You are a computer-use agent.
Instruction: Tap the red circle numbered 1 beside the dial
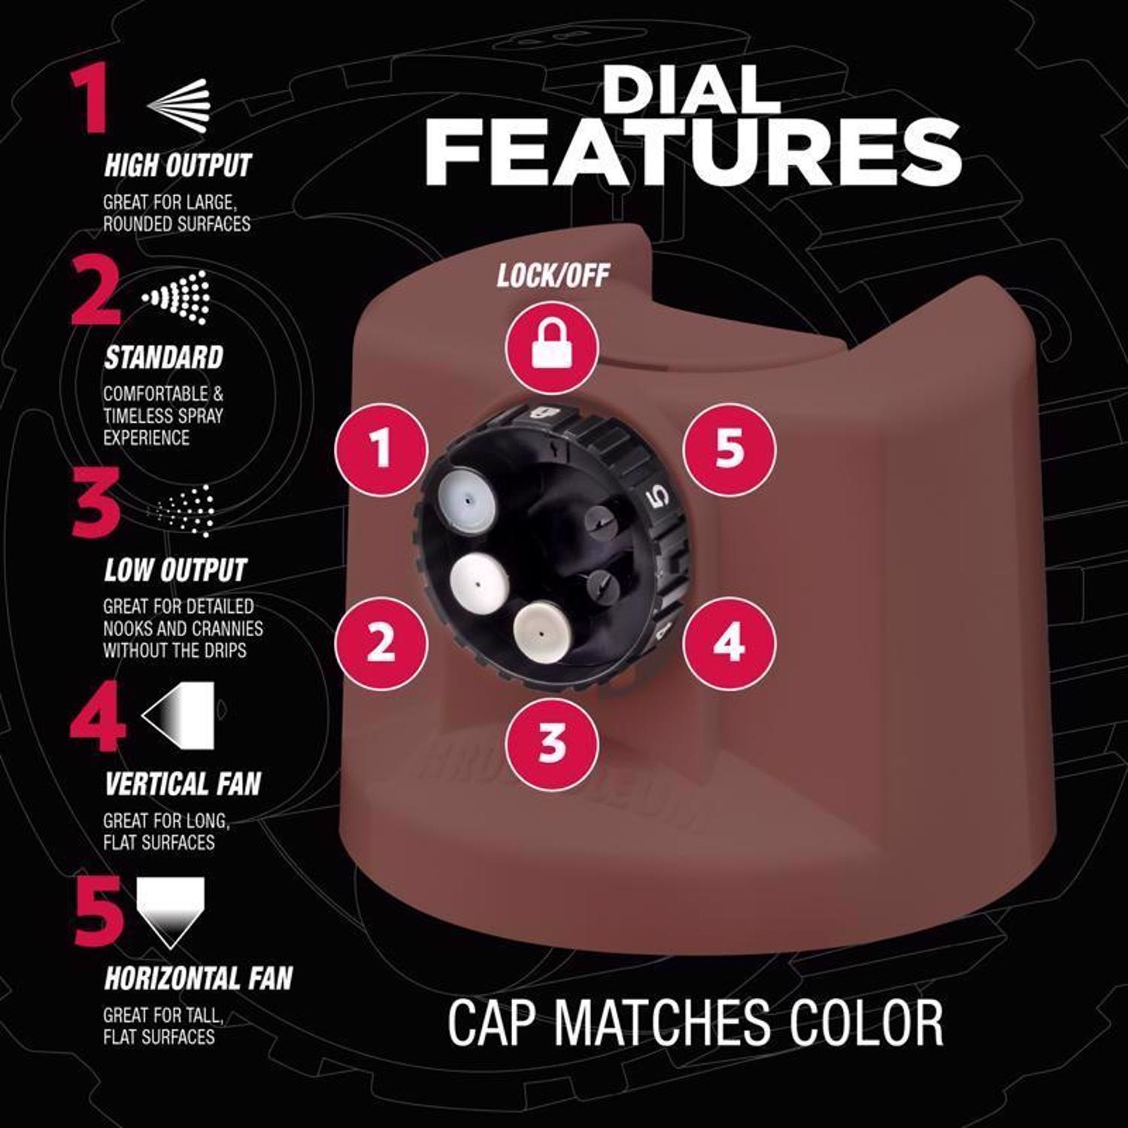tap(381, 449)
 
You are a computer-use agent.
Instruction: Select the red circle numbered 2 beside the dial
tap(381, 644)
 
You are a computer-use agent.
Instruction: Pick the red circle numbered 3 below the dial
tap(552, 741)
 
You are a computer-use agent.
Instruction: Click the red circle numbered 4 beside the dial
tap(729, 644)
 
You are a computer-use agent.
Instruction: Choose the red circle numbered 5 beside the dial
tap(729, 449)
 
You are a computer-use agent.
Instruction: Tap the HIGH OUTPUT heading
tap(177, 165)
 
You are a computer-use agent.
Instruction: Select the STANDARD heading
tap(163, 358)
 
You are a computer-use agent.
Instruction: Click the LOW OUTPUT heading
tap(175, 571)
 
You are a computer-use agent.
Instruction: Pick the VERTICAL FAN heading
tap(183, 784)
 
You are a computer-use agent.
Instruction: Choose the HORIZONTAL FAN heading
tap(199, 978)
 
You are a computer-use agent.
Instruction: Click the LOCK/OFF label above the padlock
tap(553, 276)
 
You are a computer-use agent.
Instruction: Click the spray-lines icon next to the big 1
tap(180, 102)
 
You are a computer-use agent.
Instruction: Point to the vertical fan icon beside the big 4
tap(179, 715)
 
